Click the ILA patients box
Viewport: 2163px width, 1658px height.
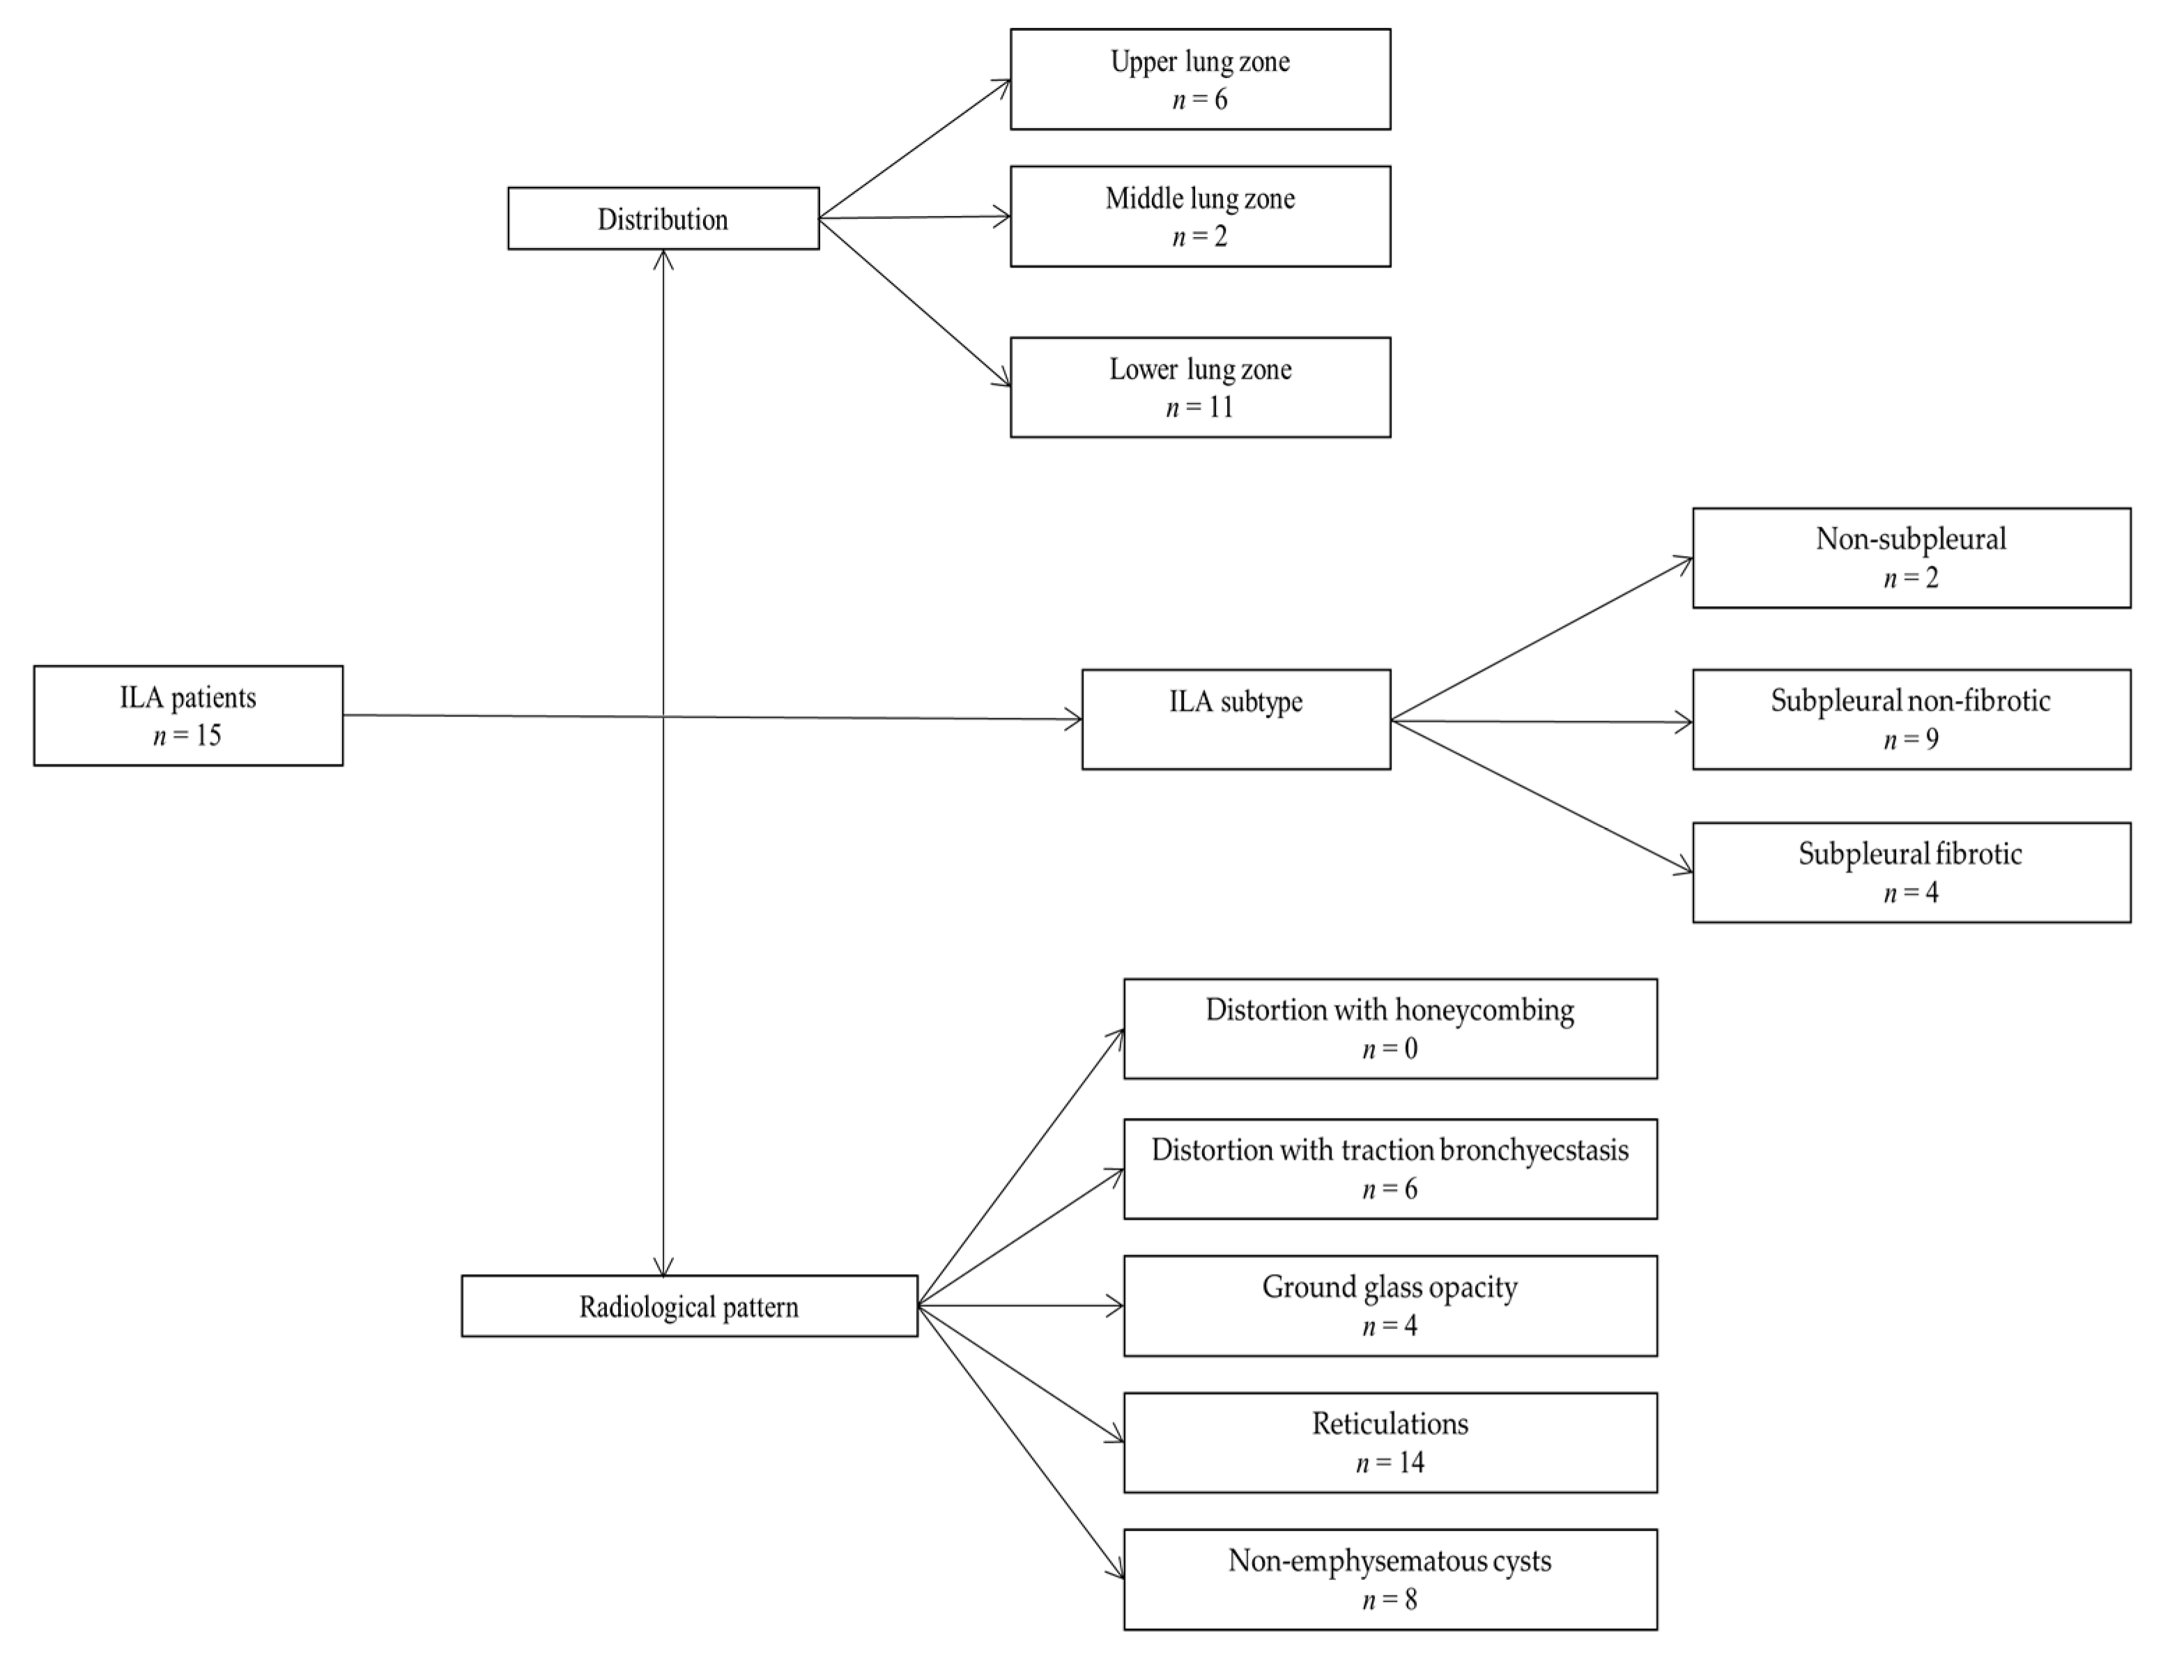click(187, 716)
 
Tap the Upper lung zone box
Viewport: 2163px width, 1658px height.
click(1199, 79)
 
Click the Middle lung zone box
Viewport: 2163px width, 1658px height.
click(1199, 216)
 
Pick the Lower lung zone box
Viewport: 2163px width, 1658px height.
click(1199, 387)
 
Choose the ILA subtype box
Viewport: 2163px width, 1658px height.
click(1236, 719)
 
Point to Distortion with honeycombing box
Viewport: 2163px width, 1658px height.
click(1390, 1029)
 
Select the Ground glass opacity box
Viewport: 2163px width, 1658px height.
click(1390, 1305)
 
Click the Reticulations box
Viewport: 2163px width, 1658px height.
click(1390, 1442)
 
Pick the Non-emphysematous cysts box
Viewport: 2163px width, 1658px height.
click(1390, 1579)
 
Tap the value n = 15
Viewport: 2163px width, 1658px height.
click(187, 735)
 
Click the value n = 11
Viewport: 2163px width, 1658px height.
click(1199, 406)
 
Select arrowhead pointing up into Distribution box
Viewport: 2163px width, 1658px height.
click(663, 259)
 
